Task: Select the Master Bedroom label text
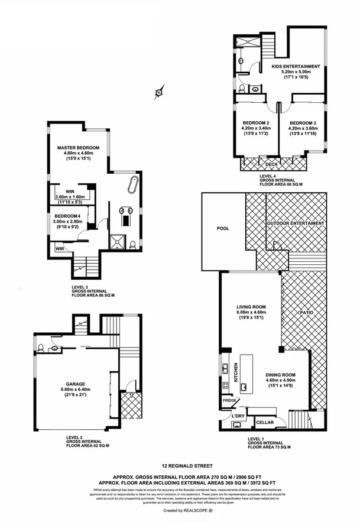click(x=78, y=147)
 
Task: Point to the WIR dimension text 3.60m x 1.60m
click(x=70, y=197)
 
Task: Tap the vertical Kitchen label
click(x=235, y=371)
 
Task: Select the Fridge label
click(x=230, y=401)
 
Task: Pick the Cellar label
click(x=264, y=422)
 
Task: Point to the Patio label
click(x=306, y=312)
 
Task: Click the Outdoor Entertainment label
click(x=296, y=223)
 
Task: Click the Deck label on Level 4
click(x=271, y=164)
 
